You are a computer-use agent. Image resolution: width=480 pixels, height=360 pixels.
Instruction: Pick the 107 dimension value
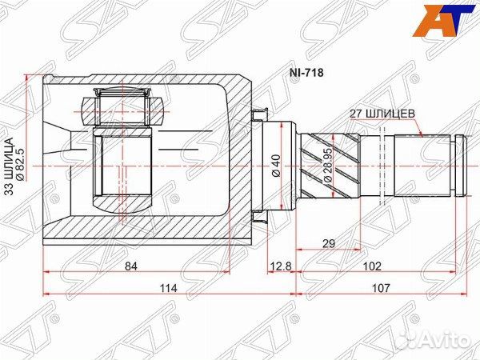click(x=383, y=287)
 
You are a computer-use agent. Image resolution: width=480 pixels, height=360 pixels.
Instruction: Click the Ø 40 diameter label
click(x=274, y=165)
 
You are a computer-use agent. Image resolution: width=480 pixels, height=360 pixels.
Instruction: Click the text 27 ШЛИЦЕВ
click(x=382, y=114)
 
